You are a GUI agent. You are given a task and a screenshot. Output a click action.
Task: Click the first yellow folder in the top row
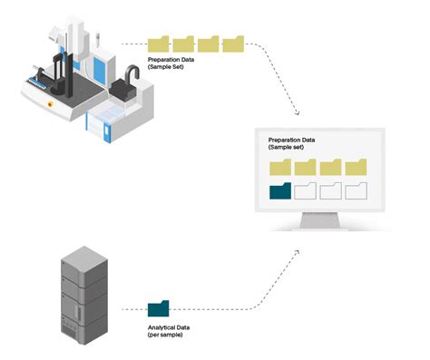[x=160, y=43]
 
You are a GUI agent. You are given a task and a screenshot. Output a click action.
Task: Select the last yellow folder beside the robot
[x=234, y=43]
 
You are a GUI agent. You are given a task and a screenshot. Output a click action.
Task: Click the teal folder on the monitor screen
[x=281, y=190]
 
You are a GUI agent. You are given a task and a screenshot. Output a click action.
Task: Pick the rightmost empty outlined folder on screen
[x=356, y=190]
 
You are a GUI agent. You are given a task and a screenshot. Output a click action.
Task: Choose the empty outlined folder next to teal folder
[x=306, y=190]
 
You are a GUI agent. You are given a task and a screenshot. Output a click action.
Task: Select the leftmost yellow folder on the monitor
[x=281, y=166]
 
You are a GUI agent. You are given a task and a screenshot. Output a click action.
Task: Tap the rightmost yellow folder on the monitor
[x=356, y=166]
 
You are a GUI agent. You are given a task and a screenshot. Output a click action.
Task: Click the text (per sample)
[x=166, y=336]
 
